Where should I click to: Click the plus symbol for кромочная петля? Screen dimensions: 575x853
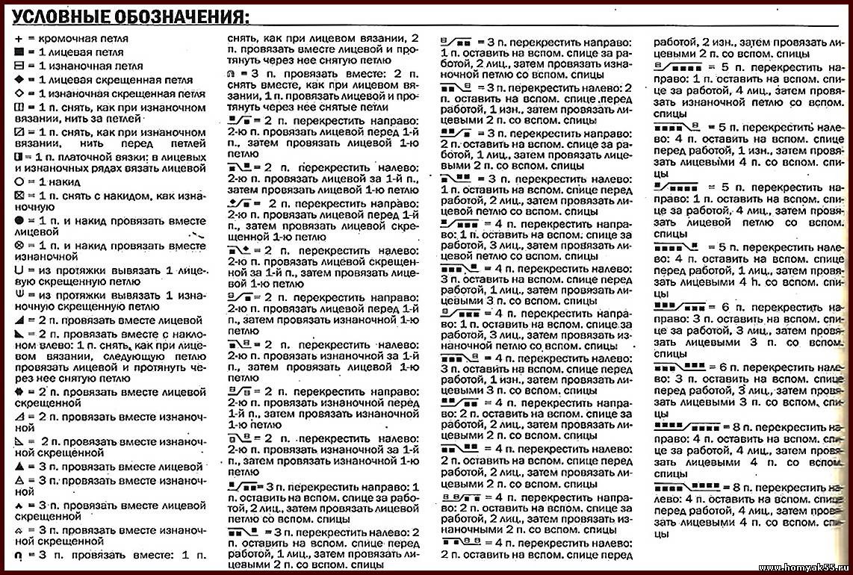[18, 39]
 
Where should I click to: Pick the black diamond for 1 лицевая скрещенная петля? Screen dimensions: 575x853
[18, 80]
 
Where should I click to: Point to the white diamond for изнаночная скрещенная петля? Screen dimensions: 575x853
[18, 94]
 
